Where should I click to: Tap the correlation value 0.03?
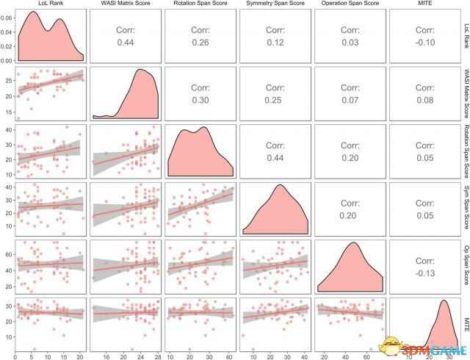347,43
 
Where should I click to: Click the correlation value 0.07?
347,100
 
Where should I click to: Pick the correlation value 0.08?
422,100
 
